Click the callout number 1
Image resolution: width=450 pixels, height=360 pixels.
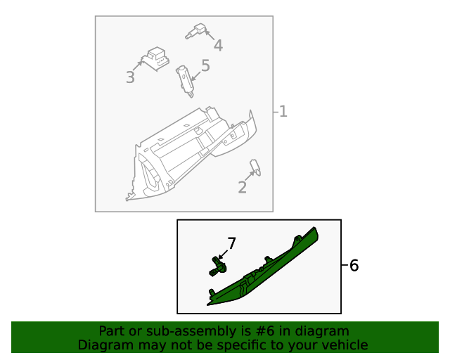(x=283, y=111)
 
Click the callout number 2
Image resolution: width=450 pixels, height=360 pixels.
(x=242, y=188)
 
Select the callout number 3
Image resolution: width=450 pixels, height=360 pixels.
(x=130, y=77)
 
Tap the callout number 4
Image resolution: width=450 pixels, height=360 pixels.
(x=218, y=46)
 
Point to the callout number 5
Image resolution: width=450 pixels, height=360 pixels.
(x=205, y=66)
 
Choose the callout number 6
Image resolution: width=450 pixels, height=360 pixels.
(x=354, y=266)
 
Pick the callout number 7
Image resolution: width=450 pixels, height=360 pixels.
(x=231, y=243)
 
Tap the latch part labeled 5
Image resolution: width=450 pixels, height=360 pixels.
(x=186, y=78)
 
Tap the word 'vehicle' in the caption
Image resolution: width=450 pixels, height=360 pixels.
(x=344, y=345)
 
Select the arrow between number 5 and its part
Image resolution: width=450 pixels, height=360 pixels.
(x=195, y=72)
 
